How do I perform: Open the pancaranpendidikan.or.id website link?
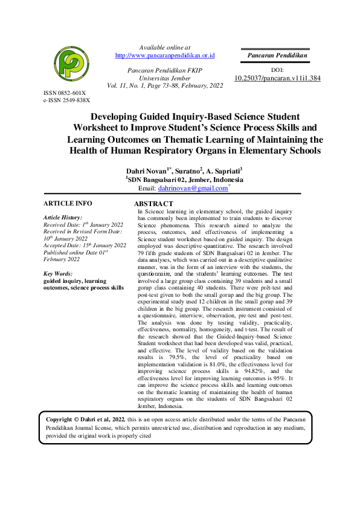click(165, 56)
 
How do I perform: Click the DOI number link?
click(277, 78)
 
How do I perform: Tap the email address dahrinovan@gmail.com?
click(193, 189)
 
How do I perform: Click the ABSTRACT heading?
click(153, 204)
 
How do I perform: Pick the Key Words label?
click(57, 274)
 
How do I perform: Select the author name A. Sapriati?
click(225, 171)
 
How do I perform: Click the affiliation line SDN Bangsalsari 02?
click(185, 180)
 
